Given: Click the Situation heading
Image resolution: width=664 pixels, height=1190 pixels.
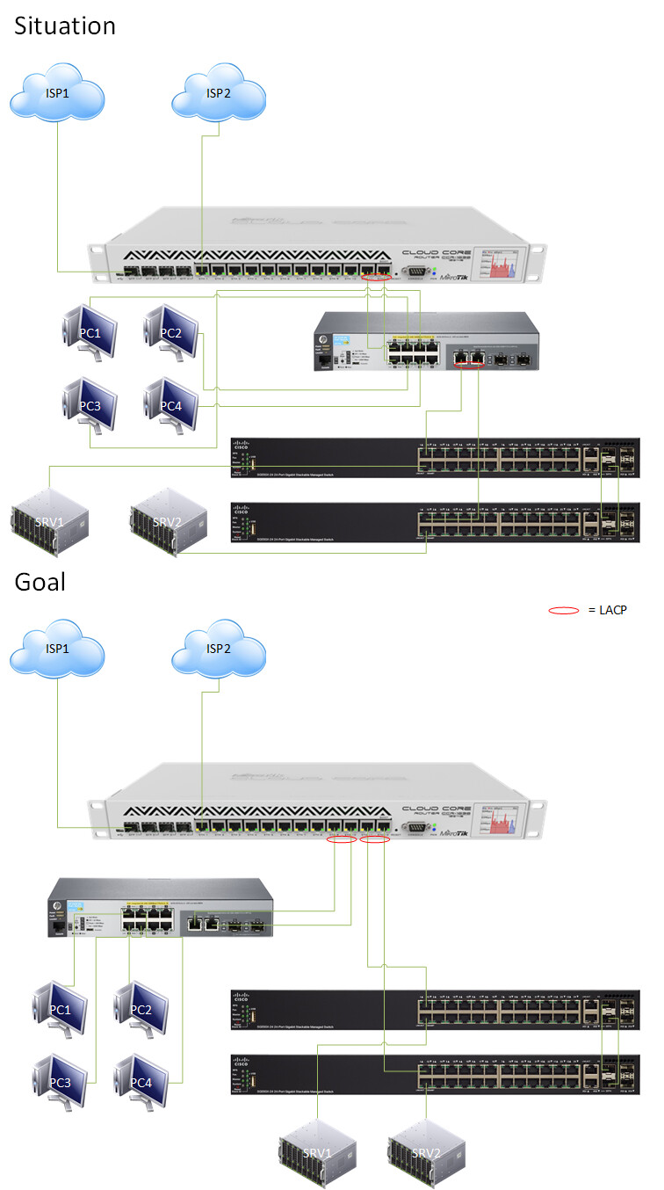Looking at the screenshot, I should pyautogui.click(x=65, y=26).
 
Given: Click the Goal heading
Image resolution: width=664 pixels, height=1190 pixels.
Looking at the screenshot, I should pyautogui.click(x=40, y=582).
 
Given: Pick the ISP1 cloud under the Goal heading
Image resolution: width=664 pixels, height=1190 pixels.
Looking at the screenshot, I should pyautogui.click(x=58, y=649).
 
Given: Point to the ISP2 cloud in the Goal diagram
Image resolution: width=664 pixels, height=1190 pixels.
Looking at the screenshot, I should pyautogui.click(x=219, y=649).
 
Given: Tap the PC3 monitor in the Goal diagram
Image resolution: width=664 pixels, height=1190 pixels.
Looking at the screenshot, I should pyautogui.click(x=61, y=1080).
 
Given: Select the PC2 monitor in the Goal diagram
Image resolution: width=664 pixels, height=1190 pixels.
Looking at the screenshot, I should pyautogui.click(x=141, y=1008).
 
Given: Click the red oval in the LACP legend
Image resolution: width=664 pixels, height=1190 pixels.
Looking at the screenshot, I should pyautogui.click(x=564, y=610).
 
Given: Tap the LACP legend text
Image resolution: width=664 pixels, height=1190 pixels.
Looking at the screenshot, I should pyautogui.click(x=608, y=610).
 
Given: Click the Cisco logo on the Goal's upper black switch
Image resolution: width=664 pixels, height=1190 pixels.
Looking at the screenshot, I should pyautogui.click(x=241, y=998).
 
